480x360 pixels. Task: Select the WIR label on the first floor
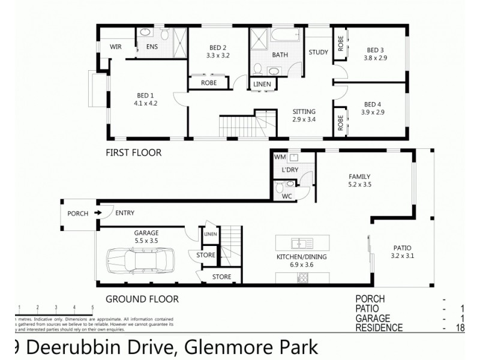point(116,47)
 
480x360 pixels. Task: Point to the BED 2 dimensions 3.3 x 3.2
point(218,55)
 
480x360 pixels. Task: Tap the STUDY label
point(319,52)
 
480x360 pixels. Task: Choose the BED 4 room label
point(373,104)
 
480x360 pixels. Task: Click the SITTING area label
point(304,112)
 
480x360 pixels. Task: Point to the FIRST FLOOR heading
point(133,153)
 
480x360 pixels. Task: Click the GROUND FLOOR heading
point(142,298)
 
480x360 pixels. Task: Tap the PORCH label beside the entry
point(78,213)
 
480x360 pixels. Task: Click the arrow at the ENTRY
point(98,213)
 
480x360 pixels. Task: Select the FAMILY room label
point(359,176)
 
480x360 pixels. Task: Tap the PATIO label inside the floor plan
point(402,247)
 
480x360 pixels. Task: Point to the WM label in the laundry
point(279,157)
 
